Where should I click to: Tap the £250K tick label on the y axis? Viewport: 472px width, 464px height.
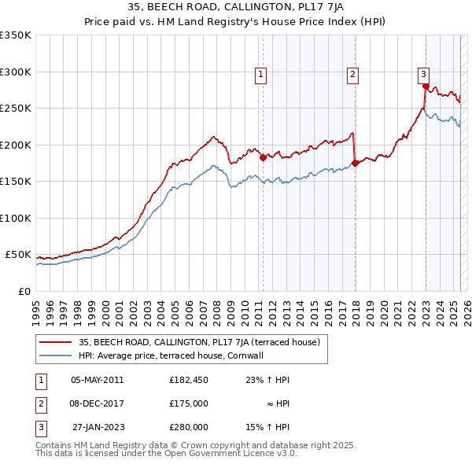click(x=16, y=109)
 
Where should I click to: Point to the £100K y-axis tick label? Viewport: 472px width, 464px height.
click(x=16, y=218)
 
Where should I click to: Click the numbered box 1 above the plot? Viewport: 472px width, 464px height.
click(x=260, y=75)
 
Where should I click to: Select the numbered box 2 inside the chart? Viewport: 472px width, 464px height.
click(x=352, y=75)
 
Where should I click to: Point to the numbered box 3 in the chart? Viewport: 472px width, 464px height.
click(x=423, y=75)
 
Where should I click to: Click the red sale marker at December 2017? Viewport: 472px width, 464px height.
click(x=355, y=164)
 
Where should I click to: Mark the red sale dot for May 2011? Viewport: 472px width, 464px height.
click(x=263, y=157)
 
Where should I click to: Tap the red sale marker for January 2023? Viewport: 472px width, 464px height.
click(x=426, y=87)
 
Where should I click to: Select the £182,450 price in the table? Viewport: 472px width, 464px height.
click(x=189, y=380)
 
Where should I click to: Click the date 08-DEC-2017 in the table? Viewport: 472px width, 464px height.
click(x=97, y=403)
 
